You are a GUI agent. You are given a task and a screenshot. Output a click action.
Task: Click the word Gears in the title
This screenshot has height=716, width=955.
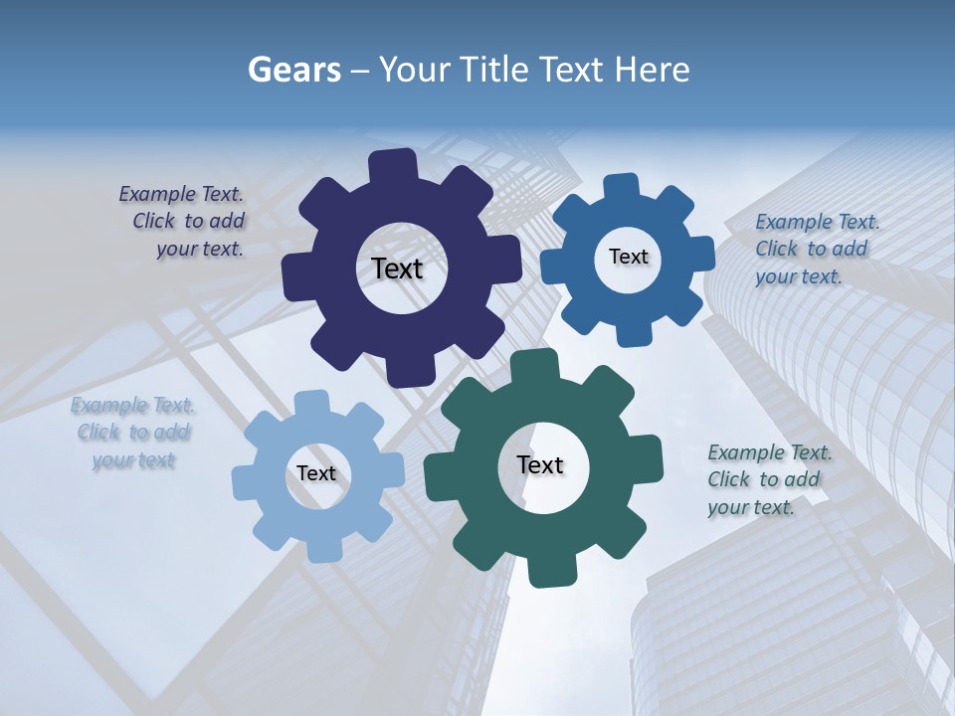[293, 70]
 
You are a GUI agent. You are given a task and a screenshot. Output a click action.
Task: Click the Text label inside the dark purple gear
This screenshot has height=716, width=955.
[397, 268]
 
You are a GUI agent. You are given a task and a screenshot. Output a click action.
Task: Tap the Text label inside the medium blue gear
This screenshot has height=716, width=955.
[628, 257]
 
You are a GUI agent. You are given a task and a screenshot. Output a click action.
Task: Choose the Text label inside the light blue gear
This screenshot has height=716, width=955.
[316, 474]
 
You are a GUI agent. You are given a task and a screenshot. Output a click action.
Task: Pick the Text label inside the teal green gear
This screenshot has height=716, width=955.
[540, 464]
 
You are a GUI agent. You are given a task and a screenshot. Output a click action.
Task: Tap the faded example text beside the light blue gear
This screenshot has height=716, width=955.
[133, 433]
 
